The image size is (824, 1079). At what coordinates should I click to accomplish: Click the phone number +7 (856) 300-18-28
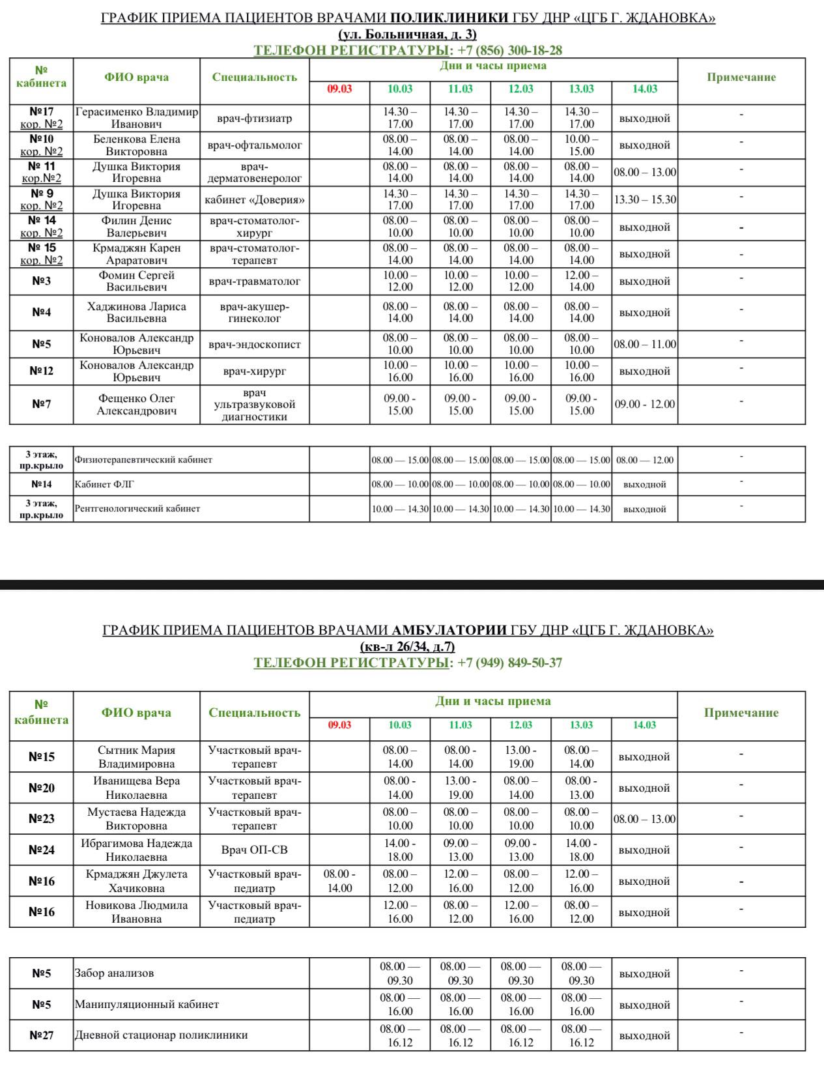(510, 50)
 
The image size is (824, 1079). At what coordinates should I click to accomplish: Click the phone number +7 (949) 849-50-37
(510, 663)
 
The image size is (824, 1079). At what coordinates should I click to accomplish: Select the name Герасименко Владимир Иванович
(137, 118)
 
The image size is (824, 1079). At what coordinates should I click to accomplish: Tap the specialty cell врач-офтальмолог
(255, 145)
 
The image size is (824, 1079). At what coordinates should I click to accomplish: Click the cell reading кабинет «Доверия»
(255, 200)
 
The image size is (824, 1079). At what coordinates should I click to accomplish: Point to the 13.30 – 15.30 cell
(645, 200)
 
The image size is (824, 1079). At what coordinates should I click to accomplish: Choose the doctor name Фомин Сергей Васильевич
(137, 281)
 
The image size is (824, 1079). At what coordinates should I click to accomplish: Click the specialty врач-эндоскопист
(255, 344)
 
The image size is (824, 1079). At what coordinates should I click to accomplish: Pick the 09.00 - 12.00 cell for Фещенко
(645, 404)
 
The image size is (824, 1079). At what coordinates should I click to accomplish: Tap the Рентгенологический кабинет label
(137, 508)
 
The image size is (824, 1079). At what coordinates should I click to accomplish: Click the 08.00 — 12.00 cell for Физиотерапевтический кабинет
(645, 460)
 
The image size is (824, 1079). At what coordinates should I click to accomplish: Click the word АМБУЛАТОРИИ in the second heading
(449, 630)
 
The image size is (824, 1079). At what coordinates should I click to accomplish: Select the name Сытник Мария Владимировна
(137, 756)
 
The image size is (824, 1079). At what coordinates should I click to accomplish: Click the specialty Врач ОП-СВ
(255, 850)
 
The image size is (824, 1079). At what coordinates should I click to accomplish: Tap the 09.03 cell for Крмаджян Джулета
(339, 881)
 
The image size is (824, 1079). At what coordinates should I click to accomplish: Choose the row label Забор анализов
(115, 973)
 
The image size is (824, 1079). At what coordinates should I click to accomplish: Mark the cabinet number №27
(42, 1035)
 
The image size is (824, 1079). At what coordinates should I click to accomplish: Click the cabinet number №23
(42, 818)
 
